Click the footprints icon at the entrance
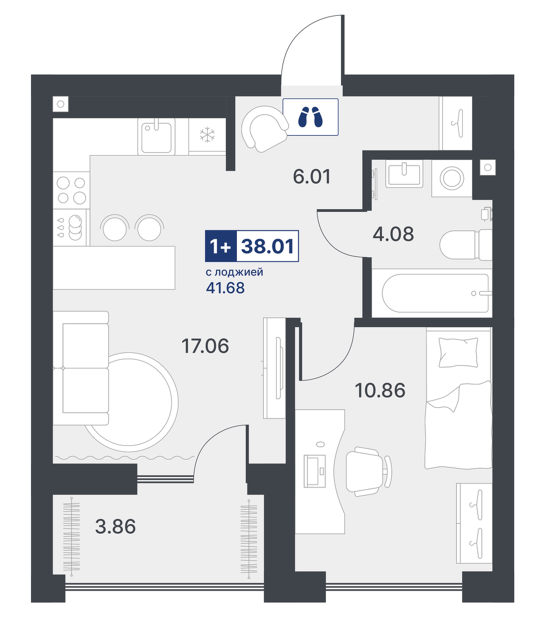[x=310, y=117]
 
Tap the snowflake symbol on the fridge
[x=207, y=135]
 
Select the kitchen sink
[x=157, y=136]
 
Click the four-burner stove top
[x=71, y=190]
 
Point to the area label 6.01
[x=312, y=177]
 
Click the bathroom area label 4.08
[x=393, y=233]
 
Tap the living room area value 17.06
[x=205, y=346]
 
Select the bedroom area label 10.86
[x=380, y=390]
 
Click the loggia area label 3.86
[x=116, y=527]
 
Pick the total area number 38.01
[x=267, y=246]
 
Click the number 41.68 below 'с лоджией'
[x=225, y=288]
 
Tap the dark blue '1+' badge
[x=221, y=246]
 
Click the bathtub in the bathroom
[x=436, y=293]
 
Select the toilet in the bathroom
[x=466, y=245]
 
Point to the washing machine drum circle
[x=452, y=177]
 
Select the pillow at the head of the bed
[x=458, y=352]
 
